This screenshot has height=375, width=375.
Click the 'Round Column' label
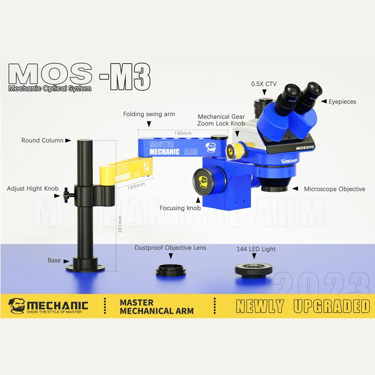coord(42,140)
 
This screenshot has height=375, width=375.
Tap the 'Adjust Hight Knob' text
coord(32,189)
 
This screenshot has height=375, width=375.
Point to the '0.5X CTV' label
coord(264,84)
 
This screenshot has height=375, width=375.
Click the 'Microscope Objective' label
coord(334,189)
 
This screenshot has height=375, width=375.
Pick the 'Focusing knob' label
coord(180,208)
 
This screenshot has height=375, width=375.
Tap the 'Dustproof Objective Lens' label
coord(170,247)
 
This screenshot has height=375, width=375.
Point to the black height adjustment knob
coord(67,192)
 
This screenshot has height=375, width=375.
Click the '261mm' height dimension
coord(120,224)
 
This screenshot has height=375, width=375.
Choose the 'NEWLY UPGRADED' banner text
coord(302,306)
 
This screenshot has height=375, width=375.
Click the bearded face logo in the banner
coord(17,306)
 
